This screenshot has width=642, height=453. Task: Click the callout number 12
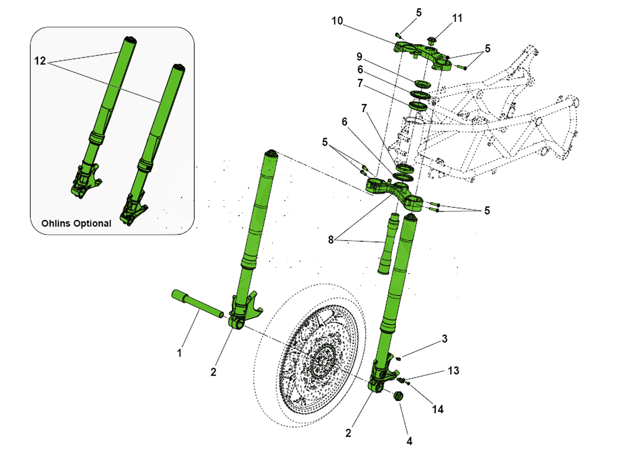tap(40, 61)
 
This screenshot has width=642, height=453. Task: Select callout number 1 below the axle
tap(179, 353)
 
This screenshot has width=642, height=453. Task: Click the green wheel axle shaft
tap(197, 304)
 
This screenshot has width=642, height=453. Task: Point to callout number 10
tap(337, 21)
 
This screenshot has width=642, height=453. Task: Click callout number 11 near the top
tap(457, 18)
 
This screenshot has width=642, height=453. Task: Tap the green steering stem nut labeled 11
tap(432, 41)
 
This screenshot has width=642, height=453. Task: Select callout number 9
tap(359, 57)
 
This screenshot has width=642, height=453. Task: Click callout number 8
tap(331, 240)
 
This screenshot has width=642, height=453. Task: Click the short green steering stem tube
tap(388, 244)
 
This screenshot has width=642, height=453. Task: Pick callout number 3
tap(444, 339)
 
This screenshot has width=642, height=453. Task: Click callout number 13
tap(453, 371)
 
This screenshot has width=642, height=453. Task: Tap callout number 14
tap(438, 409)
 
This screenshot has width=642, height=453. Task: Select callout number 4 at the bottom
tap(409, 441)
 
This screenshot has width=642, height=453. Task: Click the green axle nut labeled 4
tap(398, 396)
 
